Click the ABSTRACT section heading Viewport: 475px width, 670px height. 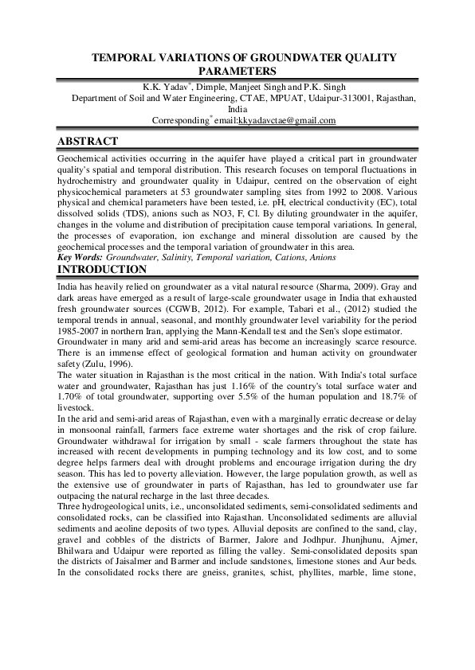point(88,142)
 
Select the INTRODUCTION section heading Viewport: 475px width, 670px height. point(101,270)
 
